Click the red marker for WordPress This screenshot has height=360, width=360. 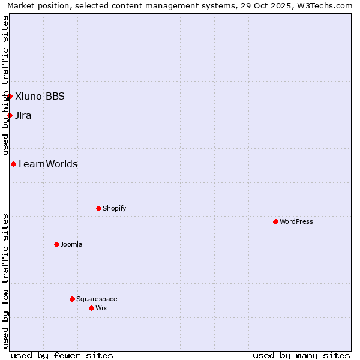275,221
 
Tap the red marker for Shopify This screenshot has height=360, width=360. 98,208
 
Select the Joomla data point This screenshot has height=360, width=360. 56,244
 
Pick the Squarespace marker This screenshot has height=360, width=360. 72,299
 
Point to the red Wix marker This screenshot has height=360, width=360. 91,308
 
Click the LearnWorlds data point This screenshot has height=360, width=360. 13,164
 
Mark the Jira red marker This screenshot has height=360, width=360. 10,115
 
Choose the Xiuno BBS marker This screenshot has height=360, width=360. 10,96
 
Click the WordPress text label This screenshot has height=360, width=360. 296,221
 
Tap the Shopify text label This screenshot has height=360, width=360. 115,208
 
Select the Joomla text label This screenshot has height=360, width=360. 71,244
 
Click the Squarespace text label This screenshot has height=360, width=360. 97,299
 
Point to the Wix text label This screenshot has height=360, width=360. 101,308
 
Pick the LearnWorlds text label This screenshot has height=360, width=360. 48,164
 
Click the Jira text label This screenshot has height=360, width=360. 23,115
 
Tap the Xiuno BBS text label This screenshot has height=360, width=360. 40,96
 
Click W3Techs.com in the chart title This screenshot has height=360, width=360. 327,6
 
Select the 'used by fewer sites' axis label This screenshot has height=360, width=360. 62,355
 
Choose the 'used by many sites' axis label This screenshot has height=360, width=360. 301,355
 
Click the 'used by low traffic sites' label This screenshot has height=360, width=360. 5,281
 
